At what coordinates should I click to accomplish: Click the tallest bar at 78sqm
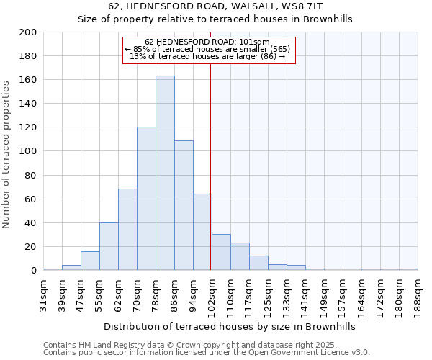coord(165,173)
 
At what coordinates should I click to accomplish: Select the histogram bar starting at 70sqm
coord(146,199)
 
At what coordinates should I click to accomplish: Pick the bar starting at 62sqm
coord(127,230)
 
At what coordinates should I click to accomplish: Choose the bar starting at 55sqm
coord(109,246)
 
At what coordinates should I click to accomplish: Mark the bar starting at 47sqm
coord(90,261)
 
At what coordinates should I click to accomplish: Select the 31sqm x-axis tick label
coord(44,294)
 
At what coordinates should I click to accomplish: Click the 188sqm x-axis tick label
coord(418,294)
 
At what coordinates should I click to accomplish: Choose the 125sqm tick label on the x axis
coord(269,294)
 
